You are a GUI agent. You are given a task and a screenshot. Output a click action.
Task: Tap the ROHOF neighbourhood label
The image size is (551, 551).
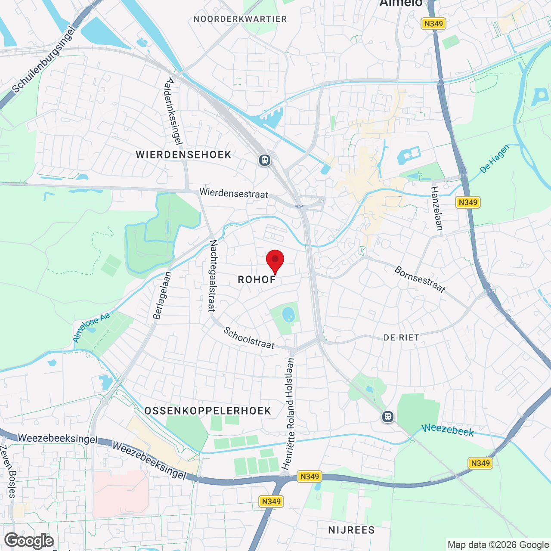click(257, 280)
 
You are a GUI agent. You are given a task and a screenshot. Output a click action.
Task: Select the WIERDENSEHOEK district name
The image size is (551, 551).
click(184, 155)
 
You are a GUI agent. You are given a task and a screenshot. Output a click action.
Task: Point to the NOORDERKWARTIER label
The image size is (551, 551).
click(240, 19)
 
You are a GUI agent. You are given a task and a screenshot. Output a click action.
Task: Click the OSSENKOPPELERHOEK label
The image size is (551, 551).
click(208, 411)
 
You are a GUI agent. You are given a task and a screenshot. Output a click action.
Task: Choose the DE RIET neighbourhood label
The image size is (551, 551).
click(402, 338)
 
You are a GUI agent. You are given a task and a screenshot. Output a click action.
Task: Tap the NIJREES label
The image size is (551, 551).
click(352, 530)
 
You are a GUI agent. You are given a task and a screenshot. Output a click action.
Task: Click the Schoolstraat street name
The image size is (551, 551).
click(249, 338)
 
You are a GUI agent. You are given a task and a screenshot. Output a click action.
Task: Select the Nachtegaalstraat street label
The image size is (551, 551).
click(213, 276)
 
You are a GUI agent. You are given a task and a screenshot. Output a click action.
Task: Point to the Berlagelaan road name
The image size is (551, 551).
click(162, 295)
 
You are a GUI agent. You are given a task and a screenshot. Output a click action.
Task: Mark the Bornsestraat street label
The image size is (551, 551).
click(420, 280)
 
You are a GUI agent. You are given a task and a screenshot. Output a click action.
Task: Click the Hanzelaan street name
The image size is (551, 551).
click(436, 208)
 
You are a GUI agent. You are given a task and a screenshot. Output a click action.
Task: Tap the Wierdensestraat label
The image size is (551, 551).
click(234, 193)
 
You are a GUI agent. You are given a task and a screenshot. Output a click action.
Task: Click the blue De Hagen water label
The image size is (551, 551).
click(495, 159)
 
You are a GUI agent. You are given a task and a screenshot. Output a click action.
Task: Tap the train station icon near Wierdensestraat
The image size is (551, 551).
click(264, 160)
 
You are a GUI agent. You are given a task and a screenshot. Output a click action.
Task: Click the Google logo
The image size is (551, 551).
click(29, 541)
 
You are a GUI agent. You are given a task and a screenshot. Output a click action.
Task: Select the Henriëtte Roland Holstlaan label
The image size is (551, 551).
click(288, 413)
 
